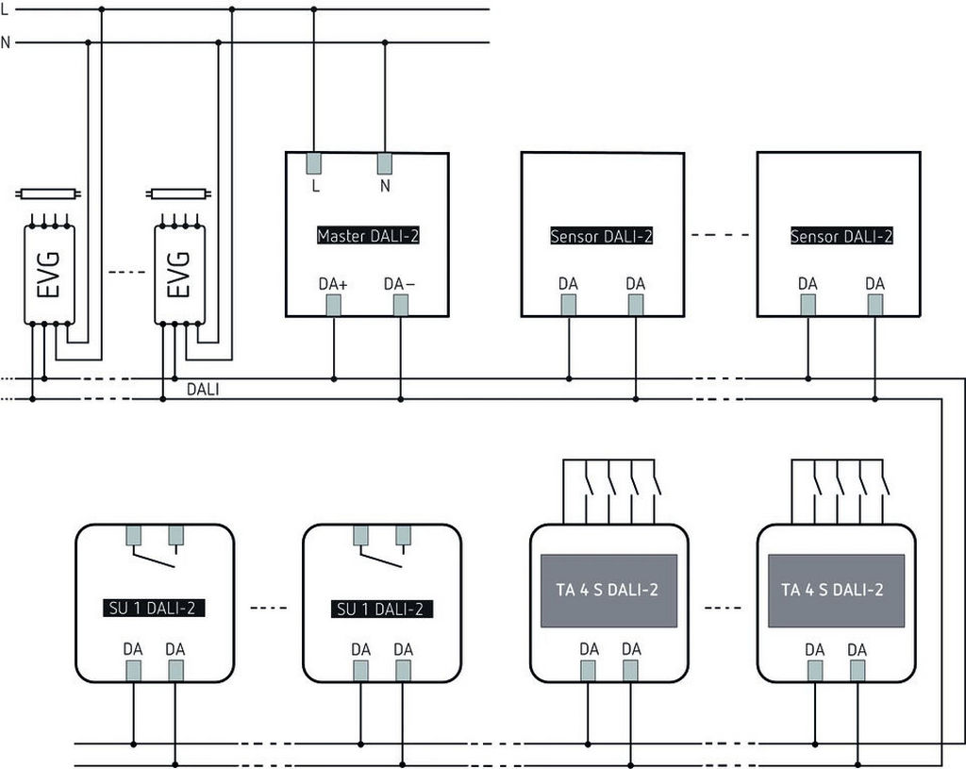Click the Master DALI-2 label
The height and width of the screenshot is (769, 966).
[368, 235]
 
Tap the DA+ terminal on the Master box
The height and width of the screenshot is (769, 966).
[333, 305]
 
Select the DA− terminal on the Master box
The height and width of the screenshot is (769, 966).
[401, 305]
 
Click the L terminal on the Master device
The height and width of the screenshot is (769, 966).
[315, 162]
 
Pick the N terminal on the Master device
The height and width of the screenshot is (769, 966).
[385, 162]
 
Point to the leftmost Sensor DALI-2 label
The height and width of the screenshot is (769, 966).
[602, 235]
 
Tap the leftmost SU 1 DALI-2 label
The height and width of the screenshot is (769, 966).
[153, 608]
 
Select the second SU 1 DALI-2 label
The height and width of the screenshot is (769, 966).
[383, 609]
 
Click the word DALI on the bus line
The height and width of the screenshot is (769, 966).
[203, 388]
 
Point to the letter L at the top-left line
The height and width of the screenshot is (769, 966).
[6, 8]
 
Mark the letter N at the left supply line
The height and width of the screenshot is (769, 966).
[6, 42]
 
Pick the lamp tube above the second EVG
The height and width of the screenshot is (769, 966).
[179, 194]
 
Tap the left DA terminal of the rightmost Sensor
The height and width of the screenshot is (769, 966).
[808, 305]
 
